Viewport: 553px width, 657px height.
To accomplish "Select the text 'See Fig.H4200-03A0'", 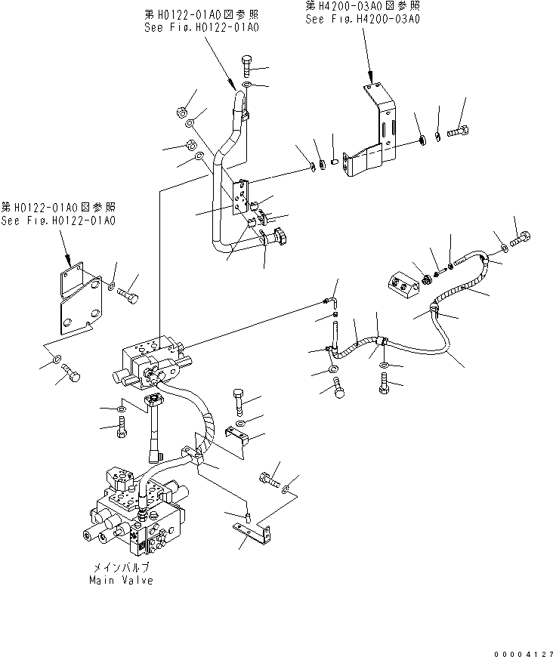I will tap(362, 20).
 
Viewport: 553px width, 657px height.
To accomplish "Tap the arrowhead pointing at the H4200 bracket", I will tap(371, 77).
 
